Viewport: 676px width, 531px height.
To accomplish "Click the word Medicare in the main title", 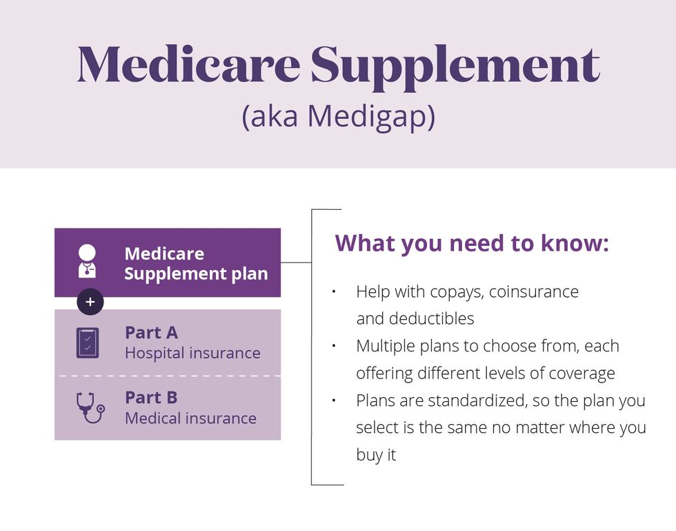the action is pos(189,64).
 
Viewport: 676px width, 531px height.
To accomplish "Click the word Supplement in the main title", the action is pos(455,68).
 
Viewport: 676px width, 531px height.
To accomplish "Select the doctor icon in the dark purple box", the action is pos(87,261).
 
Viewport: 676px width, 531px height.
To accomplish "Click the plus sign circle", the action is pos(90,302).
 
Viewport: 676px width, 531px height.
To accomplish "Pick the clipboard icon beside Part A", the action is pos(88,342).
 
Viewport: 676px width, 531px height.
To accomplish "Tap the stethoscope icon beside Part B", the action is pos(90,407).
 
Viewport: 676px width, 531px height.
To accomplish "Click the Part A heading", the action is pos(151,333).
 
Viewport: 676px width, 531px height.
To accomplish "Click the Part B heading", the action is pos(151,398).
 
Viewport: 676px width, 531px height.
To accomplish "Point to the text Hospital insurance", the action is pos(192,353).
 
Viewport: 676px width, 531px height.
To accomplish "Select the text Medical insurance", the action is pos(190,418).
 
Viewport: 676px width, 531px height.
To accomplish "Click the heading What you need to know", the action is pos(472,243).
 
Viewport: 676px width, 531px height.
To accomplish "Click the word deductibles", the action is pos(432,318).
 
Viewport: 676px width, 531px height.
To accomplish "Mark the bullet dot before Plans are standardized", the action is pos(334,400).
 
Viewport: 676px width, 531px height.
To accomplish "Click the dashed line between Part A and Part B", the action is pos(168,376).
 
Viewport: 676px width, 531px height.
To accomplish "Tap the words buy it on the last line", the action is pos(376,455).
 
